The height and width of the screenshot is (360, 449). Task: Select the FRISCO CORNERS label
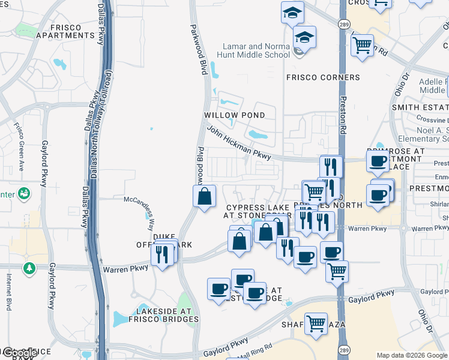[x=323, y=77]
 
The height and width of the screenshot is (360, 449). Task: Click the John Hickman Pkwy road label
[x=238, y=142]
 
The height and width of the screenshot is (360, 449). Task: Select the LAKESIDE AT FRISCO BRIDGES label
[x=167, y=315]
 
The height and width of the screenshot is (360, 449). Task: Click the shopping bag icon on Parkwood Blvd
[x=204, y=196]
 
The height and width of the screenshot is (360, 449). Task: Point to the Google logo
[x=19, y=353]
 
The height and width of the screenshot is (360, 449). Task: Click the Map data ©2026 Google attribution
[x=412, y=355]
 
